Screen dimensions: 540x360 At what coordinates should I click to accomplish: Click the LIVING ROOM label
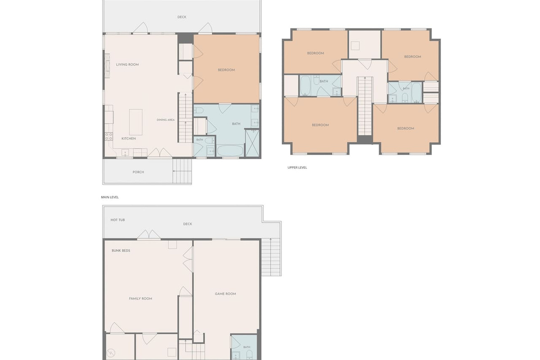pyautogui.click(x=127, y=65)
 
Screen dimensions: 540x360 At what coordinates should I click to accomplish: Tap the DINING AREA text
pyautogui.click(x=166, y=120)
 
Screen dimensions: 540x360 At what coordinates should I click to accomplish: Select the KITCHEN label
pyautogui.click(x=129, y=139)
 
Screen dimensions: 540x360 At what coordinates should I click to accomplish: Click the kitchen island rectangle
pyautogui.click(x=136, y=122)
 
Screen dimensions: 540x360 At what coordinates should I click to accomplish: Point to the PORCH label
pyautogui.click(x=138, y=172)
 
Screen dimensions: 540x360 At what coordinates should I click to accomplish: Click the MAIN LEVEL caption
pyautogui.click(x=110, y=197)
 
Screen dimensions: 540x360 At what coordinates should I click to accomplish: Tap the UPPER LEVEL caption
pyautogui.click(x=297, y=167)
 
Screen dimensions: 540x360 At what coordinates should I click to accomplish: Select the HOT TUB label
pyautogui.click(x=117, y=220)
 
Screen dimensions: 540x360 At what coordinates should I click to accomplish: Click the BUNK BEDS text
pyautogui.click(x=121, y=251)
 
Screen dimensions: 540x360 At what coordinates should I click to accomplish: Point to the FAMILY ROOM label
pyautogui.click(x=140, y=298)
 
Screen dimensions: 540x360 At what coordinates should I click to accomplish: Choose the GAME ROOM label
pyautogui.click(x=225, y=294)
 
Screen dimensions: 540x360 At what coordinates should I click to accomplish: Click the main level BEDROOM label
pyautogui.click(x=226, y=70)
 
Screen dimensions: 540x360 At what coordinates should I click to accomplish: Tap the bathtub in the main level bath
pyautogui.click(x=230, y=151)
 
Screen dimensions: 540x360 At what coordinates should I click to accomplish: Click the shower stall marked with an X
pyautogui.click(x=252, y=143)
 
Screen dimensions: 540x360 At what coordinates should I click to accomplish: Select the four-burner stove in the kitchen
pyautogui.click(x=109, y=136)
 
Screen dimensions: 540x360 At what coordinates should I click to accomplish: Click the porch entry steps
pyautogui.click(x=182, y=171)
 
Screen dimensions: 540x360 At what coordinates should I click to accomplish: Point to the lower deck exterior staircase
pyautogui.click(x=271, y=257)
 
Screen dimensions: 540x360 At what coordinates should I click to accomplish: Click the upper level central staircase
pyautogui.click(x=365, y=106)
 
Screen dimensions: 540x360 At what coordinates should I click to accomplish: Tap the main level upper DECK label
pyautogui.click(x=182, y=17)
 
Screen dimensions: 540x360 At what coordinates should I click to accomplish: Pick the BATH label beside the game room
pyautogui.click(x=247, y=347)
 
